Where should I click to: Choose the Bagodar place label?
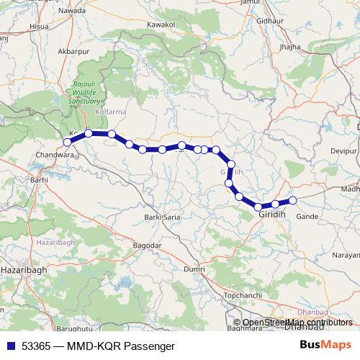(147, 246)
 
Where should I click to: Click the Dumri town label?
(194, 268)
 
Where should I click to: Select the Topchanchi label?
(241, 297)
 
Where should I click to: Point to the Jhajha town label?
(290, 47)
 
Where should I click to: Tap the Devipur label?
(344, 150)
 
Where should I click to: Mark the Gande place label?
(307, 215)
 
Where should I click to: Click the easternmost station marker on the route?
(293, 200)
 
